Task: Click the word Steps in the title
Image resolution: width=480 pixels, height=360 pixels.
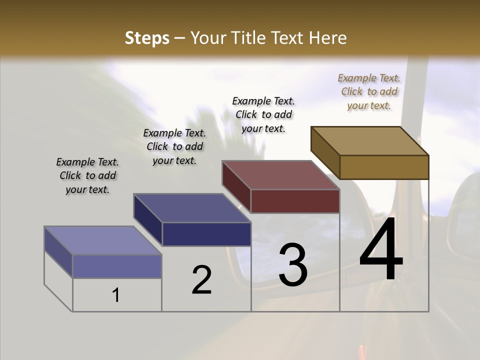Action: (x=147, y=38)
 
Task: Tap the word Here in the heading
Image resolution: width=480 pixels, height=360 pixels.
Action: (x=327, y=38)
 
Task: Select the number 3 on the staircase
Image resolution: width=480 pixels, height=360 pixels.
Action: (x=293, y=264)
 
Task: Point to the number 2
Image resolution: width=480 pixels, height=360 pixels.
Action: (x=201, y=280)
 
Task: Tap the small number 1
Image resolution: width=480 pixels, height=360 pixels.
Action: (x=116, y=295)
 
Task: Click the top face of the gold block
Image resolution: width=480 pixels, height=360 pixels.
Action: (x=370, y=141)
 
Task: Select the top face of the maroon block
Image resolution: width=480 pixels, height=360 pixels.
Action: (x=281, y=175)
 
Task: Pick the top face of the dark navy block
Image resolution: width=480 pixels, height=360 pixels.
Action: (x=192, y=208)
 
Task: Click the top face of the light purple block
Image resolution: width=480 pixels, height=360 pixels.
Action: (x=103, y=240)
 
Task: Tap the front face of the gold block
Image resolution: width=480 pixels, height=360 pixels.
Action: (x=384, y=167)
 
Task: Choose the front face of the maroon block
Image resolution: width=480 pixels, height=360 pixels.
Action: (x=295, y=201)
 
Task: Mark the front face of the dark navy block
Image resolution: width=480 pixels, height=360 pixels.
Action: (x=206, y=234)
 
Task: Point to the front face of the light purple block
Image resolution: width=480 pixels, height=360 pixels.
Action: (x=117, y=266)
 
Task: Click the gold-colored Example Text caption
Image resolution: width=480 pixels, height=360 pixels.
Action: (x=369, y=92)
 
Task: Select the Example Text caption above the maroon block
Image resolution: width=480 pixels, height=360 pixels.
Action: (x=263, y=114)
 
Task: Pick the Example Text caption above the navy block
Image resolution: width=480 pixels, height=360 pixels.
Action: (x=174, y=146)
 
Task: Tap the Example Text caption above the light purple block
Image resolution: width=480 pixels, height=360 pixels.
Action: (x=87, y=175)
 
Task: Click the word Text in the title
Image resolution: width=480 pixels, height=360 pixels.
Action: (x=289, y=38)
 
